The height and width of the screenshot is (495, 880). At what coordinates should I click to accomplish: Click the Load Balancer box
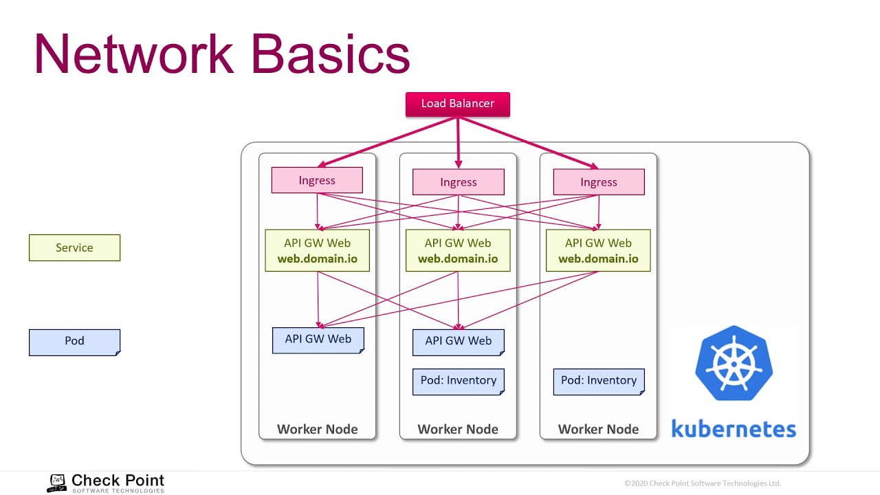click(457, 104)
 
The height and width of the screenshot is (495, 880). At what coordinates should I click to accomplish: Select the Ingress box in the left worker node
click(317, 181)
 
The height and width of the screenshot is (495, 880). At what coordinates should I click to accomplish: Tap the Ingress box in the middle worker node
click(458, 182)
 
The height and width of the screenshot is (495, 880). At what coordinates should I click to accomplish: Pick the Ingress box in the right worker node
click(599, 182)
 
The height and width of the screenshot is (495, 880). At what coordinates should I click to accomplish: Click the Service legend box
click(74, 248)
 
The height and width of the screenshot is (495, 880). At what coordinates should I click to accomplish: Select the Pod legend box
click(74, 342)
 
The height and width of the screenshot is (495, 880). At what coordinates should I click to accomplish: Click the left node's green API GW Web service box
click(317, 250)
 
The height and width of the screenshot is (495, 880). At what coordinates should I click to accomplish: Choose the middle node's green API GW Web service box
click(458, 250)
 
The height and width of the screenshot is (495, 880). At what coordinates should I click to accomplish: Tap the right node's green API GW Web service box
click(598, 250)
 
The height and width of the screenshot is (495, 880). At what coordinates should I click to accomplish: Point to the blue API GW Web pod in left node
click(318, 340)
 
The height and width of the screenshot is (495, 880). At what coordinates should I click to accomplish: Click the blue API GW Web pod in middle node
click(458, 342)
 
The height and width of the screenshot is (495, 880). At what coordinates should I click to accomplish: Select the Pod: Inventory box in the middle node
click(458, 382)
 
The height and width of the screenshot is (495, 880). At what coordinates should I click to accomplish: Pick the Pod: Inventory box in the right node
click(599, 382)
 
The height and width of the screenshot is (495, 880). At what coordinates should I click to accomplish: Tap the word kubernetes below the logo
click(734, 429)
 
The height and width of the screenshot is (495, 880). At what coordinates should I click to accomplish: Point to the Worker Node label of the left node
click(317, 429)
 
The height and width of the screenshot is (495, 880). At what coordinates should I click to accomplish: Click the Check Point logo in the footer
click(106, 483)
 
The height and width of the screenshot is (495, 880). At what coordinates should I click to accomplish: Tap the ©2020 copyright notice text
click(703, 483)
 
